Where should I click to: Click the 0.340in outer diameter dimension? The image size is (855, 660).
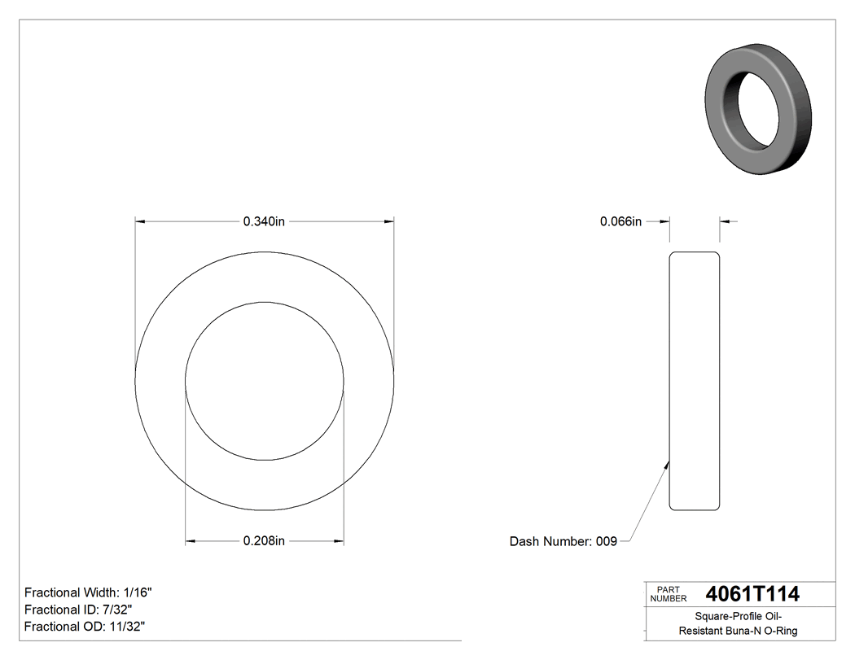[x=264, y=221]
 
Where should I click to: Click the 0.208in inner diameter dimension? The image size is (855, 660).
[x=264, y=540]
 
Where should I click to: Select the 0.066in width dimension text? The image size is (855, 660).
[x=620, y=221]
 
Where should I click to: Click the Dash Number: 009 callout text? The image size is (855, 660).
[x=563, y=541]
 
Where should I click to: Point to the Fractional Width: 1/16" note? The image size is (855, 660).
[x=88, y=592]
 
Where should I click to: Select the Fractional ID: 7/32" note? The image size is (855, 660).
[x=78, y=610]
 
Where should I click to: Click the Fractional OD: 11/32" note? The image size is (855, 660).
[x=85, y=626]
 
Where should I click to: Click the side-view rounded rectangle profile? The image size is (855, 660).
[x=695, y=381]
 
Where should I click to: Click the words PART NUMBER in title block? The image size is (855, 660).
[x=669, y=594]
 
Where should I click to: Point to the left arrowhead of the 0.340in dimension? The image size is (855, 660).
[x=140, y=221]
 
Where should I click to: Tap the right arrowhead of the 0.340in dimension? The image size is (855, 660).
[x=389, y=221]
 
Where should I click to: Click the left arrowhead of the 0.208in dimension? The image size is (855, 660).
[x=191, y=540]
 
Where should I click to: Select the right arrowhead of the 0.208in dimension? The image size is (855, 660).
[x=338, y=540]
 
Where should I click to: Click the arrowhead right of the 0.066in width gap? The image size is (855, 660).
[x=726, y=221]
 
